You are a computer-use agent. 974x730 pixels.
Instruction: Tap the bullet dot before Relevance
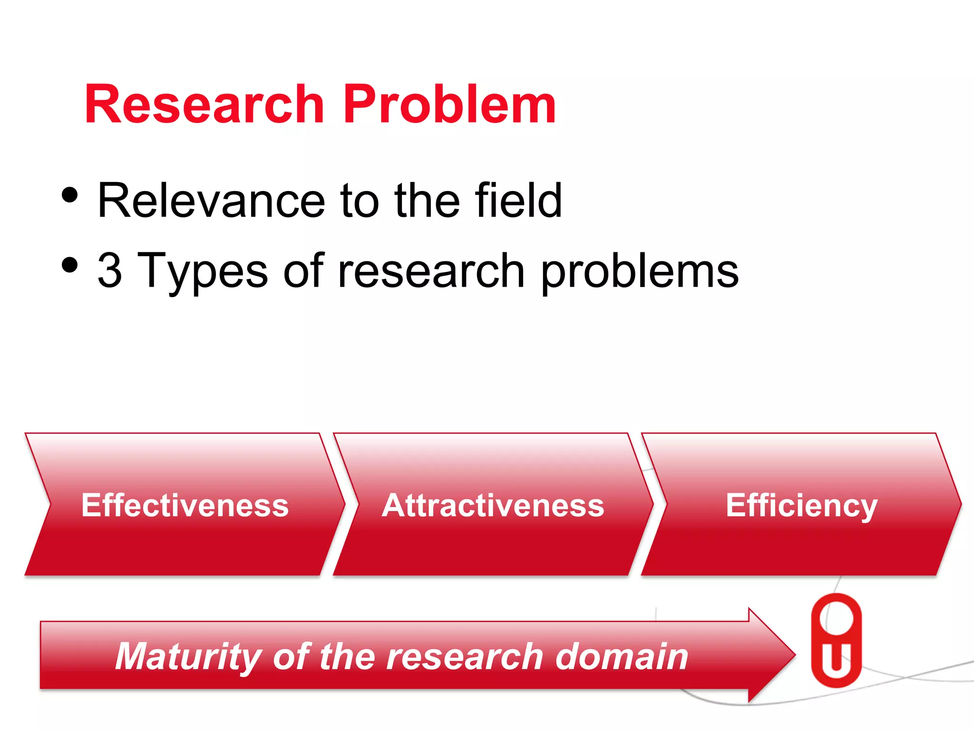(x=69, y=195)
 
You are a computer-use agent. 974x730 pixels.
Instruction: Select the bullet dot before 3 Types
(x=69, y=265)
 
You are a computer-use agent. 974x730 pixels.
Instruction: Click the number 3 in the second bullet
(x=110, y=271)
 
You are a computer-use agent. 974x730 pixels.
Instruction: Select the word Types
(x=202, y=273)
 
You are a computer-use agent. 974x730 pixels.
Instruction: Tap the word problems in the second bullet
(x=640, y=273)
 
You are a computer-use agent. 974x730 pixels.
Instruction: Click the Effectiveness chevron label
(x=185, y=505)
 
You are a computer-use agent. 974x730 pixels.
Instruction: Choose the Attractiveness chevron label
(x=493, y=505)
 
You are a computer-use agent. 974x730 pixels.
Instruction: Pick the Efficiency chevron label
(x=801, y=506)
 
